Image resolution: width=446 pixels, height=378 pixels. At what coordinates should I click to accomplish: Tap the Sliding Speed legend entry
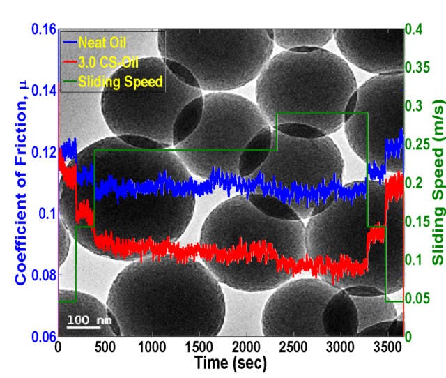120,82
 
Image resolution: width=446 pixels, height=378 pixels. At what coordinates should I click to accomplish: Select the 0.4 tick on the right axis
416,30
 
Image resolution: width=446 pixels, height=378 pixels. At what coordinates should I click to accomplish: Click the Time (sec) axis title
230,363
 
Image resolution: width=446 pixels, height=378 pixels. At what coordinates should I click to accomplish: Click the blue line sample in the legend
68,40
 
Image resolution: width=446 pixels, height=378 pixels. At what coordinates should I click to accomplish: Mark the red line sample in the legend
68,61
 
